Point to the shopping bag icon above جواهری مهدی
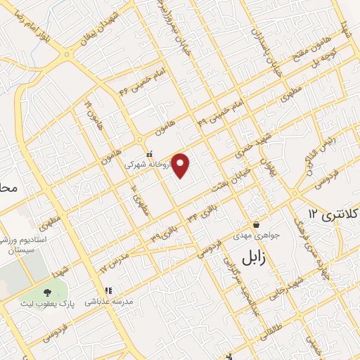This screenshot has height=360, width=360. [x=255, y=224]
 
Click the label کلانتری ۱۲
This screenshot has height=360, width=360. [x=333, y=212]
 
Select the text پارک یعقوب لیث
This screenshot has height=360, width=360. [x=53, y=302]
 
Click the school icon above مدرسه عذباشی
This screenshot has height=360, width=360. [x=108, y=290]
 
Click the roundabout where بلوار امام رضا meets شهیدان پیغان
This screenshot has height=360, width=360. [x=67, y=54]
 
